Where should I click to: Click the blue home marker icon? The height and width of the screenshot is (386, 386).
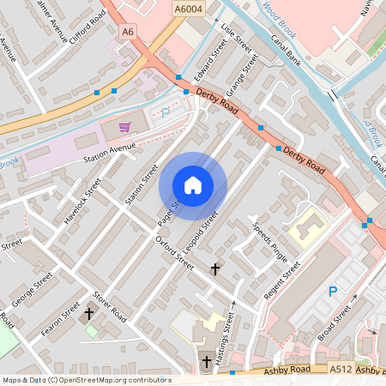click(x=193, y=184)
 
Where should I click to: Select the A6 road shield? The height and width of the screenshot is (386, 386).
click(x=129, y=32)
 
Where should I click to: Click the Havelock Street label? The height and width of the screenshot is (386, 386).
click(x=82, y=201)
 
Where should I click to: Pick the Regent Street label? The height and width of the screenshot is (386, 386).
click(x=284, y=281)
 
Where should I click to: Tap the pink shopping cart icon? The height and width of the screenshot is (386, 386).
click(x=125, y=127)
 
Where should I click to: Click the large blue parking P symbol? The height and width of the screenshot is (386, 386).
click(x=333, y=293)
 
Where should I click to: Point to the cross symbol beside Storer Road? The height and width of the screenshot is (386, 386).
click(x=88, y=315)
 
